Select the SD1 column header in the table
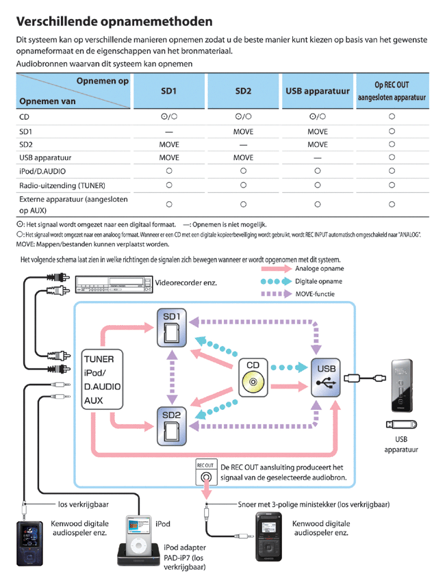[168, 91]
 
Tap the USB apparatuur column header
[317, 91]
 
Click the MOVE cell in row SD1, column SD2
[243, 131]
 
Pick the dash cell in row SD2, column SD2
[243, 145]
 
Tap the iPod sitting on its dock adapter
[138, 540]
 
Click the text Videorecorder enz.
[187, 282]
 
